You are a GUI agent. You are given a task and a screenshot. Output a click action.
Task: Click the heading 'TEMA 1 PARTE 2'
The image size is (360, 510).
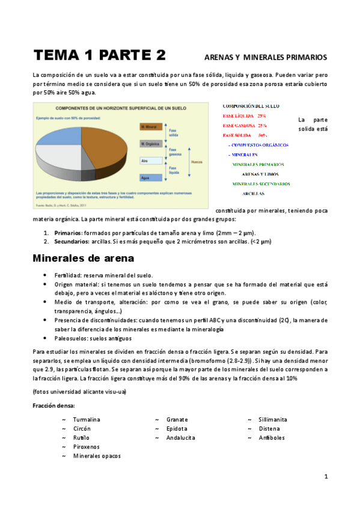coord(99,56)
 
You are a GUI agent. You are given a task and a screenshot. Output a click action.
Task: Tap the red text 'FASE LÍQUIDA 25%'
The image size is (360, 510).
coord(244,115)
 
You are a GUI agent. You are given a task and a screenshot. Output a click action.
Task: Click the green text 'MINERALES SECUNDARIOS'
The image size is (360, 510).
coord(261,183)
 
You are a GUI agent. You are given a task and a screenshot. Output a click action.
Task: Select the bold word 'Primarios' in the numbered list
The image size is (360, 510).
coord(67,233)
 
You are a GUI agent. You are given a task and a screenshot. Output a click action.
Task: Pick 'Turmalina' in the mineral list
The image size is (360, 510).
coord(87,419)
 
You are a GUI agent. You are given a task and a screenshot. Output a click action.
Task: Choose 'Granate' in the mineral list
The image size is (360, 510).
coord(177,419)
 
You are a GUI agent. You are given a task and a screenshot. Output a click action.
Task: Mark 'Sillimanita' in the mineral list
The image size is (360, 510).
coord(273,419)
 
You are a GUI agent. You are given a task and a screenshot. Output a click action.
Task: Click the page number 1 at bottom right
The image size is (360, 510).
coord(326,477)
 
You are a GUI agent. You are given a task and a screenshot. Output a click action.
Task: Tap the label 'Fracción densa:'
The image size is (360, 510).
coord(53,405)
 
